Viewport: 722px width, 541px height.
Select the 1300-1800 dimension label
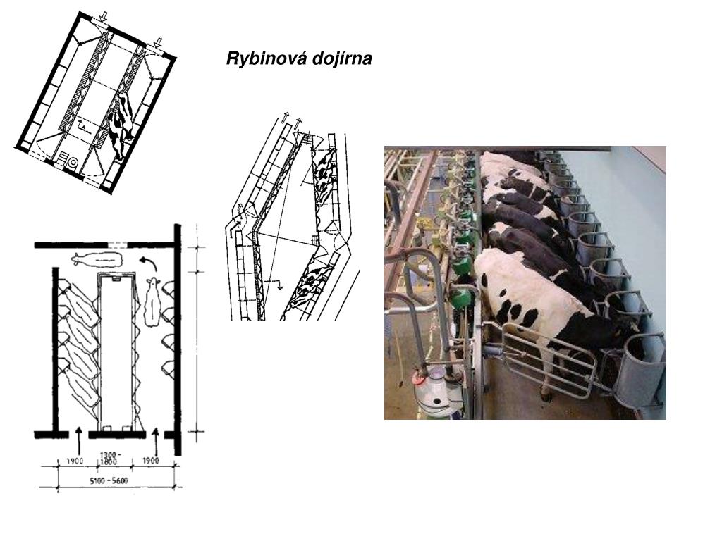(109, 458)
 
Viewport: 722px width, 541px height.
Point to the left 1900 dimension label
(75, 461)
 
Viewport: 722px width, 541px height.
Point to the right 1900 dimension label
(150, 461)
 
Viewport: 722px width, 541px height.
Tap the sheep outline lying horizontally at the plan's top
(97, 259)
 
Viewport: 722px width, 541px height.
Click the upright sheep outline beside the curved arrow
(152, 301)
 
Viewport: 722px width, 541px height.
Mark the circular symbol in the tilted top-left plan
(73, 163)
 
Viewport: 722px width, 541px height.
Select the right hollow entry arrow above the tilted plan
(158, 43)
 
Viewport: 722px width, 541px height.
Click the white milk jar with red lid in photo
(433, 391)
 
